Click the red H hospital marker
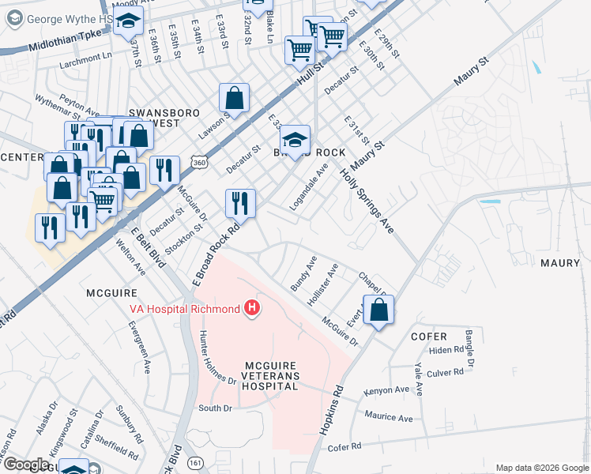pyautogui.click(x=251, y=307)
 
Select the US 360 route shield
pyautogui.click(x=198, y=162)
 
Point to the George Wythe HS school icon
pyautogui.click(x=126, y=25)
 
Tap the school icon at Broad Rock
pyautogui.click(x=295, y=141)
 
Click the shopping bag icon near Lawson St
pyautogui.click(x=235, y=100)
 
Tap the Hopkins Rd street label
pyautogui.click(x=331, y=408)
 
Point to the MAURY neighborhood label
pyautogui.click(x=560, y=262)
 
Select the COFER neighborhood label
pyautogui.click(x=429, y=336)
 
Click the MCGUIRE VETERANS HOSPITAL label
pyautogui.click(x=270, y=376)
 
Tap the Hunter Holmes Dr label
pyautogui.click(x=216, y=357)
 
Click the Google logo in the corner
pyautogui.click(x=25, y=465)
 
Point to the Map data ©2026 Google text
pyautogui.click(x=541, y=468)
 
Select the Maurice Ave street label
pyautogui.click(x=389, y=416)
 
